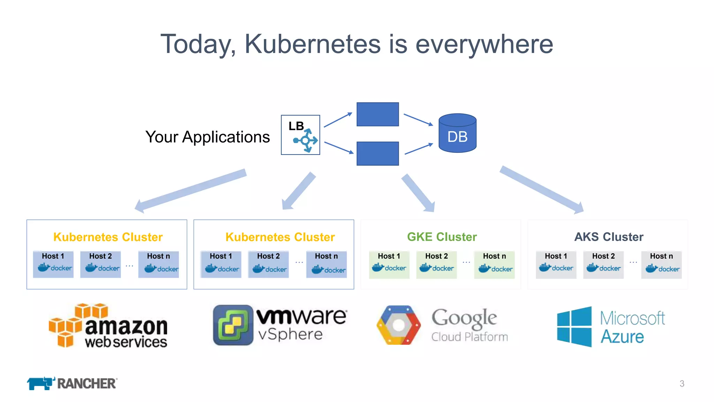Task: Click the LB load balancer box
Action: (300, 135)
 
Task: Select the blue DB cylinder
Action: (457, 133)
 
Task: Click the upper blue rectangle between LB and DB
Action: (378, 114)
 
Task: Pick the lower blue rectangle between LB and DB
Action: (378, 154)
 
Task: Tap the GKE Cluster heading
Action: (442, 237)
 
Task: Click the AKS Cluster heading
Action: (608, 237)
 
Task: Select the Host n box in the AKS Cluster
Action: (661, 264)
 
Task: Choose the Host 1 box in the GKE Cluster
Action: (389, 264)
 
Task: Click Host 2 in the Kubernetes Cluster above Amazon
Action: (100, 264)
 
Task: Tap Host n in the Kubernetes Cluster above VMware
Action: (326, 264)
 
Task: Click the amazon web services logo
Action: (108, 326)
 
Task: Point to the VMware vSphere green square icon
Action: (233, 325)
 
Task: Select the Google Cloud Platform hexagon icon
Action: (398, 325)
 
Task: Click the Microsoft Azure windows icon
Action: (574, 327)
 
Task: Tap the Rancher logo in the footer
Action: (72, 383)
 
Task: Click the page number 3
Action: (682, 384)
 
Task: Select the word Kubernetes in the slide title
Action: (312, 44)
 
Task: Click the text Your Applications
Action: (207, 137)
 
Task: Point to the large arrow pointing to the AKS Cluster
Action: (541, 189)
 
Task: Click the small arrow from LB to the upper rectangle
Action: (337, 120)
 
